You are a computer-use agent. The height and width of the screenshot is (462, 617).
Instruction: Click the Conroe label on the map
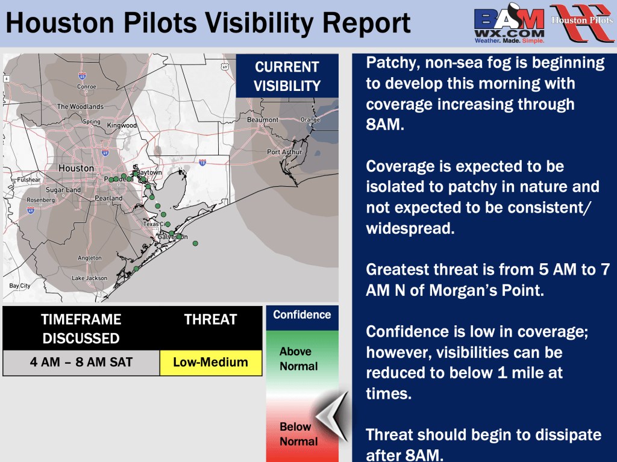point(87,87)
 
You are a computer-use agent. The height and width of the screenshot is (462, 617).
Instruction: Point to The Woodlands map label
point(80,107)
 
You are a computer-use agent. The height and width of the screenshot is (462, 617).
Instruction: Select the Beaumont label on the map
point(263,120)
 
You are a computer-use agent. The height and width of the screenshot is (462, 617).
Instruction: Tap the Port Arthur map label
point(284,152)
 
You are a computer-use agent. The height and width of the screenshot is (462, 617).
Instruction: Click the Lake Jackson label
point(89,278)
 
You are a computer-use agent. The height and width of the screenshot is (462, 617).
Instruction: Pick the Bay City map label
point(20,286)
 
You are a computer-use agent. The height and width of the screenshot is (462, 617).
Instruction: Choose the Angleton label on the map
point(90,258)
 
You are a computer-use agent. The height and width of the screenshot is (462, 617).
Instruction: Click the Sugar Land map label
point(63,190)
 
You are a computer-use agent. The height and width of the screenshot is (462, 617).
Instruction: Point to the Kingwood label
point(122,125)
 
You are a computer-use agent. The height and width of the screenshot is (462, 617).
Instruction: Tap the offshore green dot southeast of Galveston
point(195,243)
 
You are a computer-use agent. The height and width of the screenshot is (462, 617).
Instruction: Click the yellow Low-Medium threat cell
point(211,363)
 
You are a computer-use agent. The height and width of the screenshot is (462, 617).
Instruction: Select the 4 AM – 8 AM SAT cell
point(81,363)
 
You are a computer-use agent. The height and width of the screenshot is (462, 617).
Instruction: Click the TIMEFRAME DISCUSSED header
point(81,329)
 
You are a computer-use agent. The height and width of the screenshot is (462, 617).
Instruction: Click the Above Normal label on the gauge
point(298,359)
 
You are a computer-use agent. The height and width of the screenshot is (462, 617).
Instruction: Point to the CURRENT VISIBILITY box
point(287,76)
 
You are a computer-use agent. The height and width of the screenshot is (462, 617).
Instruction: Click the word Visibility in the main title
point(260,23)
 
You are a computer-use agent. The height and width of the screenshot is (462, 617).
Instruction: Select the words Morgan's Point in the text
point(486,290)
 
